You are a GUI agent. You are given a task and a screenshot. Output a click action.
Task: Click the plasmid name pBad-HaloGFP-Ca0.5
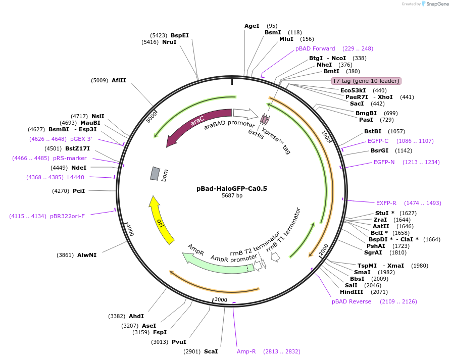[231, 188]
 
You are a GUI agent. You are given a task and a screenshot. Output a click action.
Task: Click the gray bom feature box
[155, 173]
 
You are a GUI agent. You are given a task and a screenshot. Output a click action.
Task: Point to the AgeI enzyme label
[252, 26]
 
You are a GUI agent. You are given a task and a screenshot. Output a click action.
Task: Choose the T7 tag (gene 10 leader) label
[366, 81]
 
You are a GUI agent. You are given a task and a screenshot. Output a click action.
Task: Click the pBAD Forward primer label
[315, 48]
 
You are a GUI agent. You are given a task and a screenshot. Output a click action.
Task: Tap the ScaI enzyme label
[211, 351]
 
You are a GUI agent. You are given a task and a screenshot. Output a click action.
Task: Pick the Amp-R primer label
[246, 351]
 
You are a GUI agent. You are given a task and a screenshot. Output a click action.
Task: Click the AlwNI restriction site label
[87, 255]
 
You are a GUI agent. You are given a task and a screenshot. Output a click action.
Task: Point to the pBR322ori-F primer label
[67, 216]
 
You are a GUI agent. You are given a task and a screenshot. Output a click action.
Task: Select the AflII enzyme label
[119, 80]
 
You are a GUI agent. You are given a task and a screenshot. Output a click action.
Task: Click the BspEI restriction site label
[180, 35]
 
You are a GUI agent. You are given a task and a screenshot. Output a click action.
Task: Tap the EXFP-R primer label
[386, 203]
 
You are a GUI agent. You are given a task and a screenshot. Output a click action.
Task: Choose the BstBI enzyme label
[374, 131]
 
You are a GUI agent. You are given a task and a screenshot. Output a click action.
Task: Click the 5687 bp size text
[232, 195]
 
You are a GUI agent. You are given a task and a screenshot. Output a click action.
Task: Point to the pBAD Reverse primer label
[352, 301]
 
